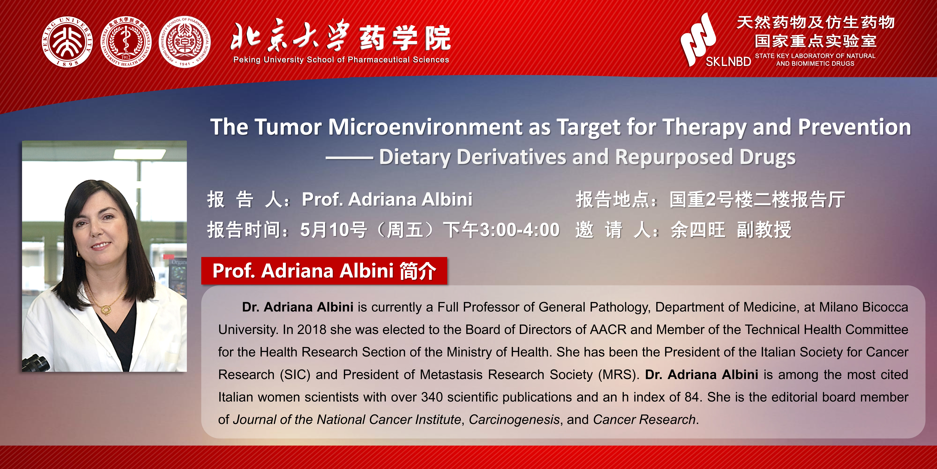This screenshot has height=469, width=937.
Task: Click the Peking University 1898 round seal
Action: pos(67,42)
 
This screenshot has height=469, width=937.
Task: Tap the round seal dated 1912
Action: pos(126,42)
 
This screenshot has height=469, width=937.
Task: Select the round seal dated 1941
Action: pos(185,42)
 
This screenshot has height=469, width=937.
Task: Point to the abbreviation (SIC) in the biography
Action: pos(295,375)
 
